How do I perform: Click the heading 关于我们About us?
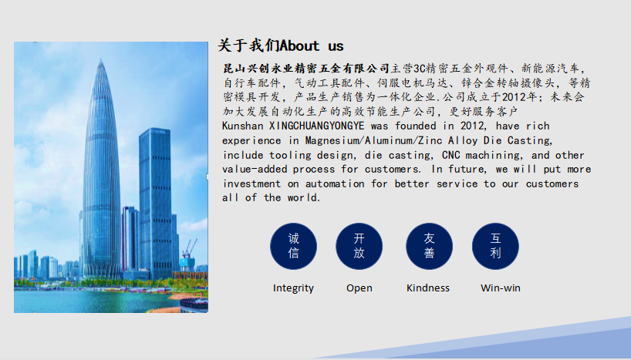[x=281, y=45]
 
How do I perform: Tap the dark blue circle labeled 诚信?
[x=293, y=246]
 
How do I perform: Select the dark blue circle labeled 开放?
[x=359, y=246]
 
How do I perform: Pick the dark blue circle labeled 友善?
[x=429, y=246]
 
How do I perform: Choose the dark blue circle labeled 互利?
[x=495, y=246]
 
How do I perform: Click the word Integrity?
[x=293, y=288]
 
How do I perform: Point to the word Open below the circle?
[x=359, y=288]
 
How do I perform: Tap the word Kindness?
[x=428, y=288]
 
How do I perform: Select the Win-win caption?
[x=501, y=288]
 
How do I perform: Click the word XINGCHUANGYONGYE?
[x=317, y=126]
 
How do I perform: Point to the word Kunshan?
[x=243, y=126]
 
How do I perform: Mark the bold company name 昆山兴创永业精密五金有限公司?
[x=306, y=69]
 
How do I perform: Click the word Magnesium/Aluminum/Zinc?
[x=374, y=140]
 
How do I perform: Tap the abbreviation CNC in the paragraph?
[x=451, y=155]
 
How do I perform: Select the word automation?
[x=335, y=183]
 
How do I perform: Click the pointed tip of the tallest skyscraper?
[x=100, y=59]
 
